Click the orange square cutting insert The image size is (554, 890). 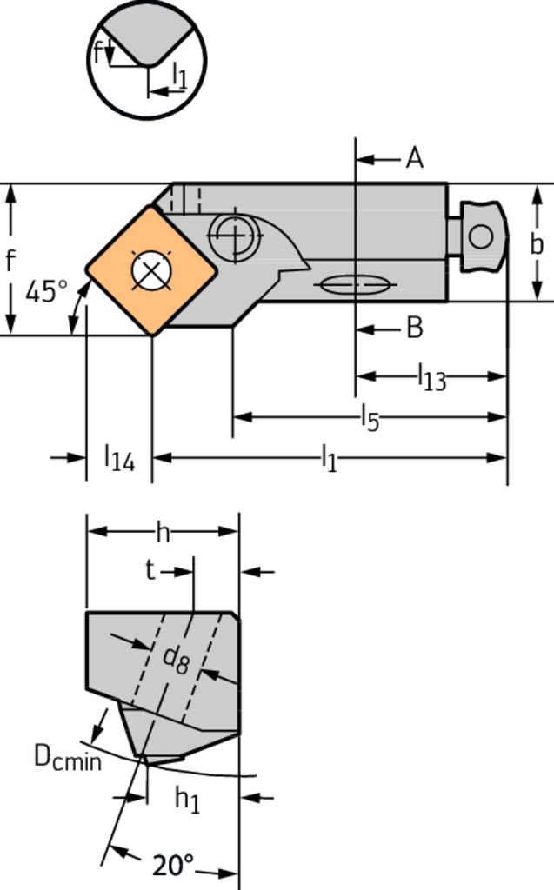[151, 270]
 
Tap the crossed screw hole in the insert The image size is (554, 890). [151, 269]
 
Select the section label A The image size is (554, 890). [415, 158]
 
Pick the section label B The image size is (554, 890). [416, 328]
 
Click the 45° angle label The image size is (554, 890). [46, 292]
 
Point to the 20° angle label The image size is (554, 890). [173, 866]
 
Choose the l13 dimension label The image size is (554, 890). [432, 377]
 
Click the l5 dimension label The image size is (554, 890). [370, 419]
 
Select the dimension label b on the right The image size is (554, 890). [537, 244]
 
